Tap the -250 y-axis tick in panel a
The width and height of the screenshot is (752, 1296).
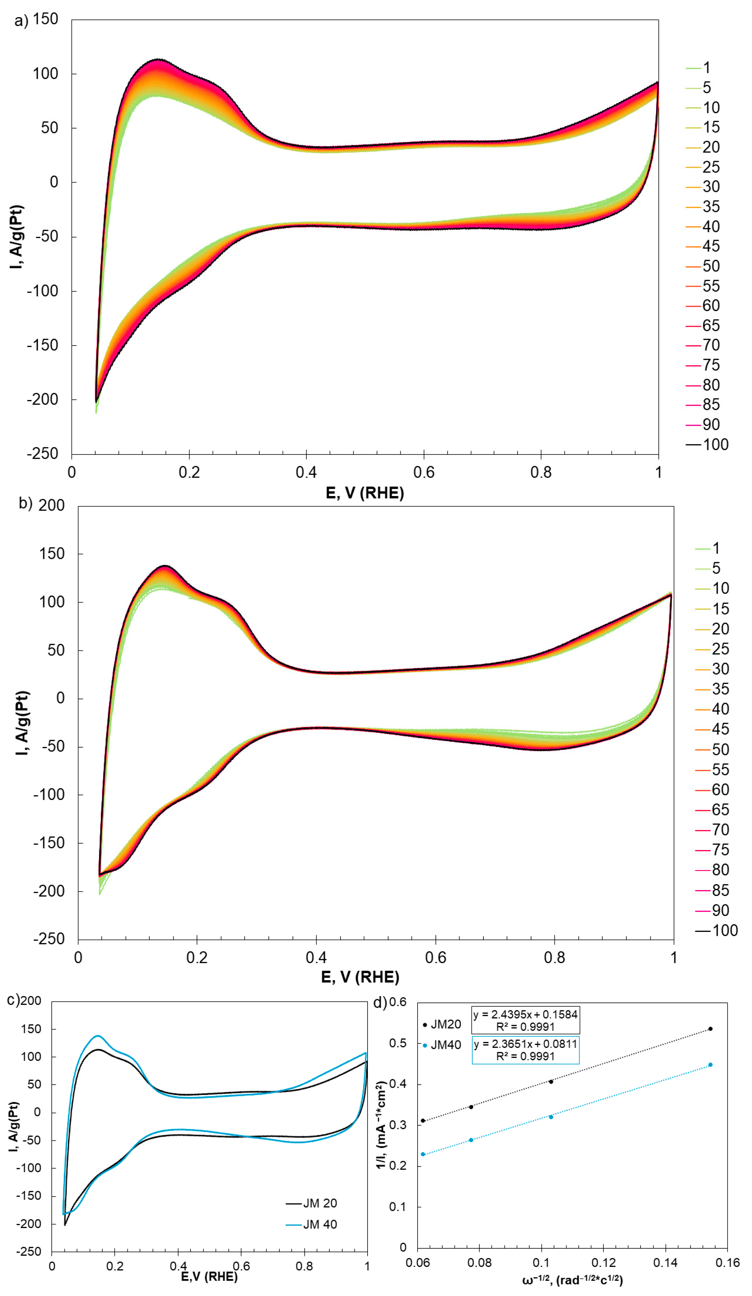tap(43, 454)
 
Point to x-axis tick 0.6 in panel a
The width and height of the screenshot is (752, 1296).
tap(424, 472)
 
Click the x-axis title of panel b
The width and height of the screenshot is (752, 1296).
tap(360, 977)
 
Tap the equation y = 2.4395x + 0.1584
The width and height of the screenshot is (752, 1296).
tap(525, 1014)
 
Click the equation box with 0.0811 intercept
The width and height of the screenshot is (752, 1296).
tap(525, 1050)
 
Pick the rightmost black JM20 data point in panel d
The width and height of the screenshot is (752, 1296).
tap(710, 1029)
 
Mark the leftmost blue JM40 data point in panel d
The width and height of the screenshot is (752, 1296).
tap(423, 1154)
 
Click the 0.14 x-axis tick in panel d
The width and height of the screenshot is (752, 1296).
tap(665, 1263)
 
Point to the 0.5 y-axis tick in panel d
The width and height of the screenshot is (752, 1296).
tap(397, 1043)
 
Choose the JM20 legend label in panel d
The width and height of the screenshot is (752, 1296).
tap(445, 1024)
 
